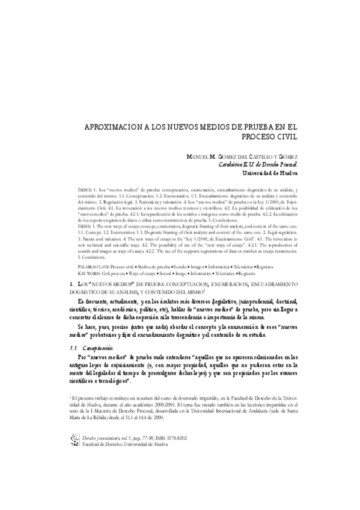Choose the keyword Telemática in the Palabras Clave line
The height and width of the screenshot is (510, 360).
(x=243, y=248)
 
